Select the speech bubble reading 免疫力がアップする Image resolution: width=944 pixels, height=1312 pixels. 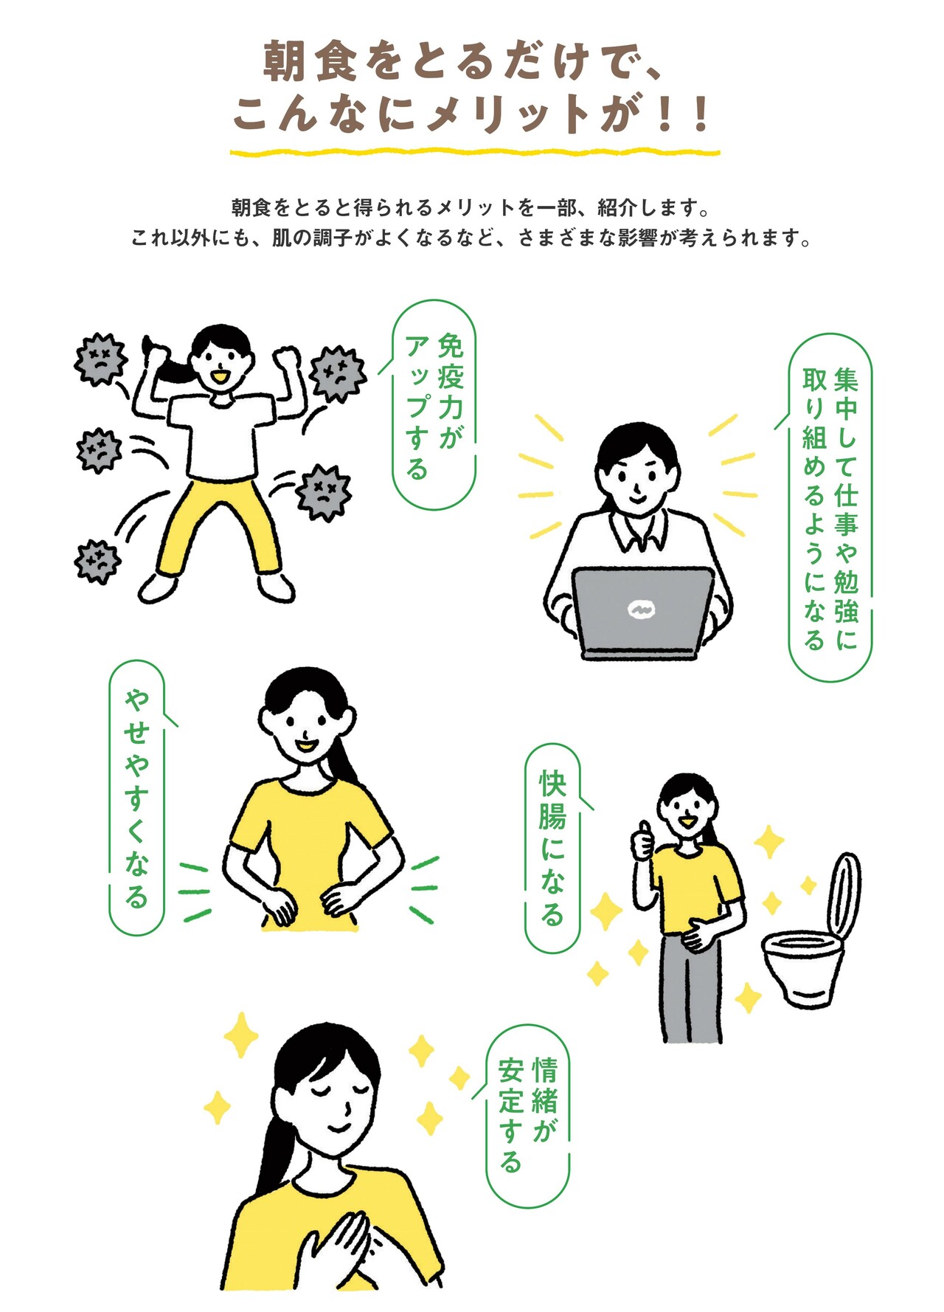click(433, 404)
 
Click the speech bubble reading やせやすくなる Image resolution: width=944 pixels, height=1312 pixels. click(137, 797)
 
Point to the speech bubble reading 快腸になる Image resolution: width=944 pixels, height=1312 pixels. click(552, 848)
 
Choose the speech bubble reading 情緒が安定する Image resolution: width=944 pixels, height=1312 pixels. click(527, 1115)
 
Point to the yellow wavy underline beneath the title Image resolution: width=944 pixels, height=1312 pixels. click(474, 153)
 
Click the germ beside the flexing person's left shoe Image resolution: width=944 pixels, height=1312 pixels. click(97, 562)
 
